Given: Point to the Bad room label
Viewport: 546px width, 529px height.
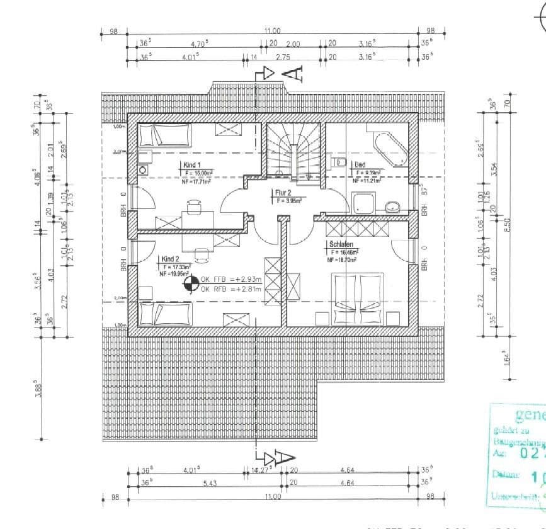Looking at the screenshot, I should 361,163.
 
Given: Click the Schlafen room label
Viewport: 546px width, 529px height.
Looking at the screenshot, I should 339,244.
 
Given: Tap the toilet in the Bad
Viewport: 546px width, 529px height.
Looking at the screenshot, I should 340,163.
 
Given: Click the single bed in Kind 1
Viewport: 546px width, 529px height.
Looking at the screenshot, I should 165,134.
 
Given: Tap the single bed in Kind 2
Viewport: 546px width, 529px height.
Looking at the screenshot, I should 165,313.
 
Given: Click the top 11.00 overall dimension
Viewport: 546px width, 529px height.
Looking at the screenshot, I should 273,31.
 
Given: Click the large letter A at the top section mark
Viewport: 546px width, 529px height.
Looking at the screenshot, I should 292,74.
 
